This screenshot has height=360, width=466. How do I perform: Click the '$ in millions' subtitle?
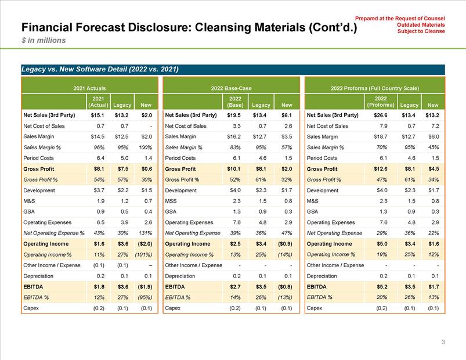coord(44,41)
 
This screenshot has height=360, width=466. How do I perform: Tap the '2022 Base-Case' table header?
coord(231,87)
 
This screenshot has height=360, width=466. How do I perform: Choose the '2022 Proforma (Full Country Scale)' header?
coord(374,87)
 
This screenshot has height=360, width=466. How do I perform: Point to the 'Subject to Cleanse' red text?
coord(421,31)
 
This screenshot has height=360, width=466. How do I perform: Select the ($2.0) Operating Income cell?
coord(142,243)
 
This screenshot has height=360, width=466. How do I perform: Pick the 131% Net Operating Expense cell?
coord(143,233)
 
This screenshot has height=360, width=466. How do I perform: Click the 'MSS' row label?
coord(171,200)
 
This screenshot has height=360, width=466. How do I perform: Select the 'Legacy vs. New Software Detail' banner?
coord(99,69)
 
